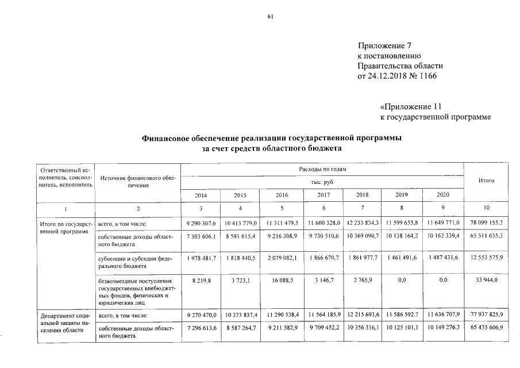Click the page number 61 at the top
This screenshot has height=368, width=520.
270,17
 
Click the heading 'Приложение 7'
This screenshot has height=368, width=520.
385,45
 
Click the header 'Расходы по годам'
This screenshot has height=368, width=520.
322,169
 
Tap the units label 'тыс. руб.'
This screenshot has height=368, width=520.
322,182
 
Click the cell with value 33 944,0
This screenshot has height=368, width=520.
486,280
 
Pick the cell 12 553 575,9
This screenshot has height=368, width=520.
486,259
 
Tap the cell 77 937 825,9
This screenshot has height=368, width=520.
486,316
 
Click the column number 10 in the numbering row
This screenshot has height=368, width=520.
486,208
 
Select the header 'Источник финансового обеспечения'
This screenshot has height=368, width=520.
137,182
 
